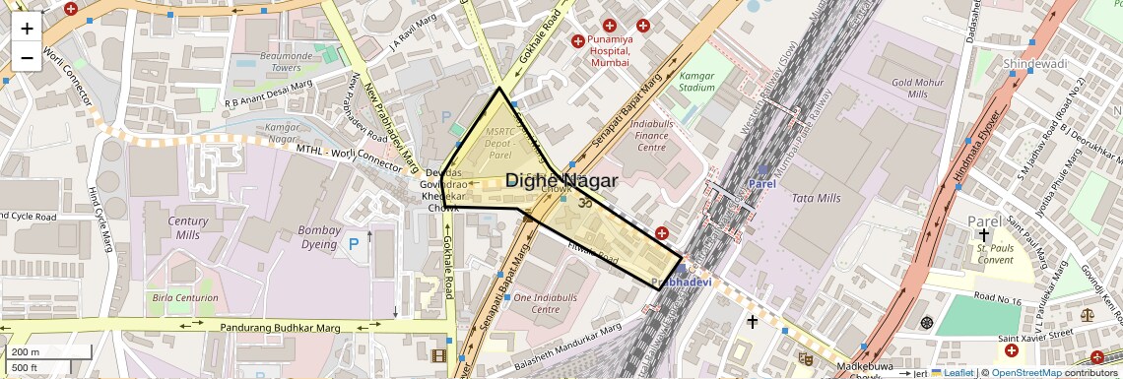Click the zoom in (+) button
click(x=27, y=28)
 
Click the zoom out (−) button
click(x=27, y=57)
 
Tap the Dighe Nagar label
click(x=561, y=181)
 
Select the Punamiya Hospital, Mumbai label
click(x=623, y=51)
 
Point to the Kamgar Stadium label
click(x=696, y=81)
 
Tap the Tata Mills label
click(x=817, y=198)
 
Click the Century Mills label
click(x=187, y=227)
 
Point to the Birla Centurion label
click(x=184, y=297)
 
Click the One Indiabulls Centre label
click(x=537, y=303)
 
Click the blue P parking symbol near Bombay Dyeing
click(x=353, y=243)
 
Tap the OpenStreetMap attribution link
click(x=1025, y=372)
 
